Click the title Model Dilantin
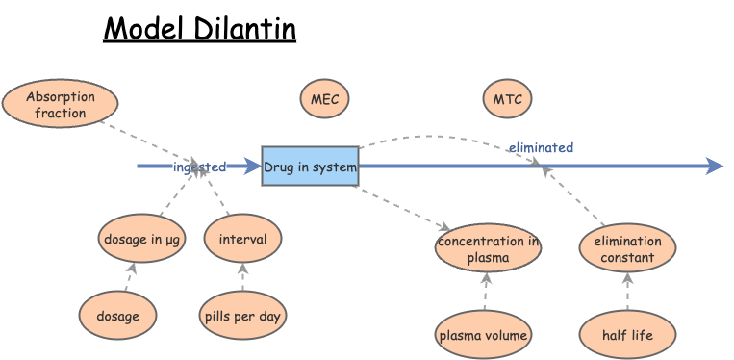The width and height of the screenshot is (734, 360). click(199, 29)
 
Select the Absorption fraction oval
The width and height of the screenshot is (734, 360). click(60, 105)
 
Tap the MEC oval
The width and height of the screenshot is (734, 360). click(324, 99)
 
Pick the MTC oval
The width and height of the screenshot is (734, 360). click(507, 99)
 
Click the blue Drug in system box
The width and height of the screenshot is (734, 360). click(310, 167)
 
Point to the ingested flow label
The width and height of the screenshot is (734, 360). click(199, 167)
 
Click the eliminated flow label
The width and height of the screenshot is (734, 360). click(541, 147)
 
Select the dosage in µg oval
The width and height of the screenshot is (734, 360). click(141, 239)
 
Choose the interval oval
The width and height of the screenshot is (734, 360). click(242, 239)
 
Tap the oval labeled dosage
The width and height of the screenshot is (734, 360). click(117, 316)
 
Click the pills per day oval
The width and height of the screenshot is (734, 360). click(243, 316)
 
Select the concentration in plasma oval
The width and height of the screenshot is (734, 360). click(488, 248)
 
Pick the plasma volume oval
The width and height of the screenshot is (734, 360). click(483, 335)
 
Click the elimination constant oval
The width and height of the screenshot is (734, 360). click(627, 248)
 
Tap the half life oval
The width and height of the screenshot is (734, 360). click(627, 335)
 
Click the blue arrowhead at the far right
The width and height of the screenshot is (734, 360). click(714, 167)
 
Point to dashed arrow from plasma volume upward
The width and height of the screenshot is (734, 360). click(486, 292)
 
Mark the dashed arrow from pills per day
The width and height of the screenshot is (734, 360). click(242, 277)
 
